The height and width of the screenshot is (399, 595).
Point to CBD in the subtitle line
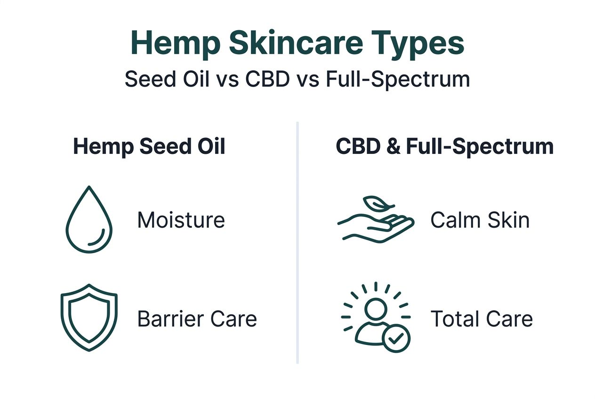(267, 80)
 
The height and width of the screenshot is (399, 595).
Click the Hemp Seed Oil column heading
(149, 147)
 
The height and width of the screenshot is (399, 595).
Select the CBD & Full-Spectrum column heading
(444, 147)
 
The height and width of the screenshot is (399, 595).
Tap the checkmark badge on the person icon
(396, 337)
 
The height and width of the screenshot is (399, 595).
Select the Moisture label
(181, 220)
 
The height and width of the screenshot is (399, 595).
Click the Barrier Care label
(197, 319)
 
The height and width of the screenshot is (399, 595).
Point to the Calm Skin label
(480, 220)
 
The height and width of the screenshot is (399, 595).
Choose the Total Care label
(481, 319)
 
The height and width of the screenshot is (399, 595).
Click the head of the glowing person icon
(375, 309)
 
